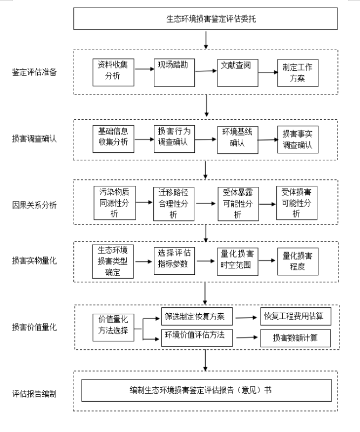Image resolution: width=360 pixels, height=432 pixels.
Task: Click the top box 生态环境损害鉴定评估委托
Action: tap(206, 19)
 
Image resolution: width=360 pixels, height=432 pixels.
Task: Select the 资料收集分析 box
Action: tap(113, 72)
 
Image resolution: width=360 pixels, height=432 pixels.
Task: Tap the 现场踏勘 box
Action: tap(174, 73)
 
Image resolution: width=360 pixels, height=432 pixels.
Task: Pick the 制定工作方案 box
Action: tap(298, 73)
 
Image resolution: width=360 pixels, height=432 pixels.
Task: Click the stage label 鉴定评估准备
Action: tap(34, 72)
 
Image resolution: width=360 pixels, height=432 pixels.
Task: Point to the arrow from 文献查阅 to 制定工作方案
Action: tap(268, 72)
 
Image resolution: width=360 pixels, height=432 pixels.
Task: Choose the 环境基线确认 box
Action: tap(237, 140)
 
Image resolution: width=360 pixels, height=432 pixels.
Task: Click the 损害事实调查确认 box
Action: tap(298, 139)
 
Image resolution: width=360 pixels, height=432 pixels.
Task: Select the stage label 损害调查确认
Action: tap(34, 138)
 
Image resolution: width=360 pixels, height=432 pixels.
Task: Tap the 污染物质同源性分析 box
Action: tap(114, 203)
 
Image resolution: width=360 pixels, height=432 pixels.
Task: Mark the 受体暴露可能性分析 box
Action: tap(238, 204)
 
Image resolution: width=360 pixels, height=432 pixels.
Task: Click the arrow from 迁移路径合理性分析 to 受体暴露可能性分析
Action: tap(206, 204)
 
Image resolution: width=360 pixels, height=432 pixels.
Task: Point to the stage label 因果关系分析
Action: tap(34, 205)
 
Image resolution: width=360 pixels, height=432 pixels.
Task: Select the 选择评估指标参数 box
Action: tap(174, 261)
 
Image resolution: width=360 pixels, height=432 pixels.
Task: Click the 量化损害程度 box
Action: tap(298, 261)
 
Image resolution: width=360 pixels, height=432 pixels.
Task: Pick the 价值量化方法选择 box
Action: tap(113, 327)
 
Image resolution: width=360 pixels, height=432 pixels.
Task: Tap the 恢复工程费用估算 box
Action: tap(296, 316)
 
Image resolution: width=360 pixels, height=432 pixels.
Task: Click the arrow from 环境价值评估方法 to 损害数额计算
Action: tap(247, 337)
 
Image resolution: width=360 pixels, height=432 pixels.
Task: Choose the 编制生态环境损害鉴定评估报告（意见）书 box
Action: tap(207, 390)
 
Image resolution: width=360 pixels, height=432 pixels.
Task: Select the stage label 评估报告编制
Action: tap(34, 394)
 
